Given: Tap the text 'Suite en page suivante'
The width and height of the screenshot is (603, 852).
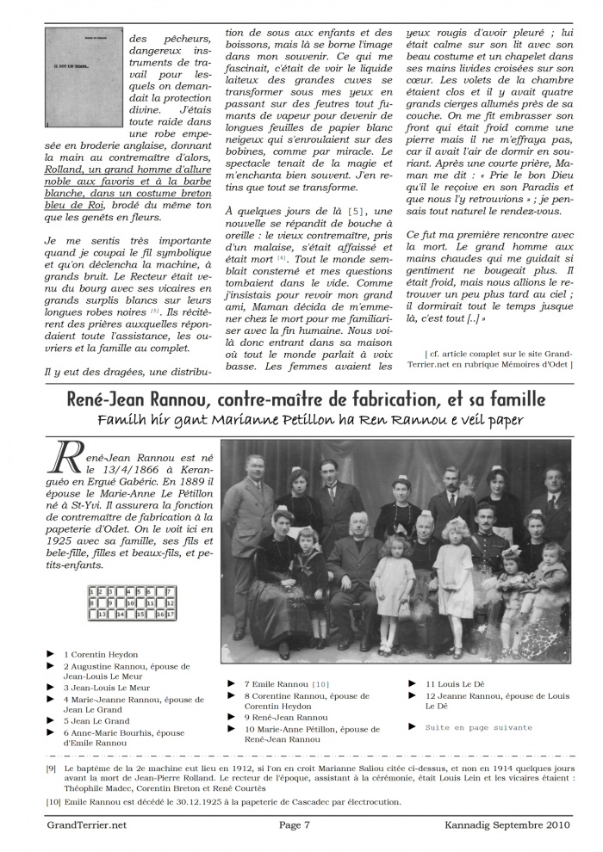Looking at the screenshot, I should pos(478,727).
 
